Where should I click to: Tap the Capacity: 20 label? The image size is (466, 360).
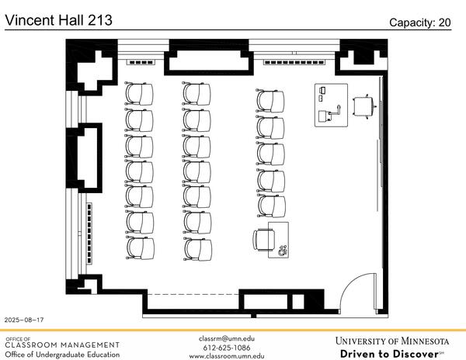(x=419, y=22)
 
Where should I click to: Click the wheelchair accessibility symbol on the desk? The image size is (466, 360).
(x=281, y=249)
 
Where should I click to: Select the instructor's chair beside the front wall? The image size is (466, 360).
(x=363, y=105)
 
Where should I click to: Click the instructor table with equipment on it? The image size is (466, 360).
(x=331, y=104)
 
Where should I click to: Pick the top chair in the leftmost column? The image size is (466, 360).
(x=140, y=94)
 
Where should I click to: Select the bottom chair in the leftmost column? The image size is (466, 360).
(x=140, y=248)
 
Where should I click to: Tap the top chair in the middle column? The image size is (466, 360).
(x=197, y=94)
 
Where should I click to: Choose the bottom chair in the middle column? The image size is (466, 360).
(x=197, y=248)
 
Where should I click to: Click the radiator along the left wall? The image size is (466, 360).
(x=90, y=232)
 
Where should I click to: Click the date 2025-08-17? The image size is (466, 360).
(x=24, y=320)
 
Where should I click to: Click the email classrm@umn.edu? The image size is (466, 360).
(x=227, y=338)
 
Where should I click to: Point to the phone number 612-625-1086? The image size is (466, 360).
(x=227, y=347)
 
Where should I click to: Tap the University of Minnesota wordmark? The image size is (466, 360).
(x=391, y=341)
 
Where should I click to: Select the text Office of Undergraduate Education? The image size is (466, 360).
(x=62, y=355)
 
